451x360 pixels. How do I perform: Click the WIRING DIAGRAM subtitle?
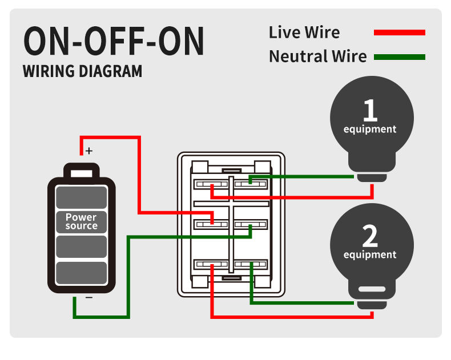82,72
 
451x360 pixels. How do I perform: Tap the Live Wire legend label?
304,33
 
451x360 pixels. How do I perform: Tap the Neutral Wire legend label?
317,56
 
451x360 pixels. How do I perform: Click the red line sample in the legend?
399,33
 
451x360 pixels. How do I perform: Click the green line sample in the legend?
399,56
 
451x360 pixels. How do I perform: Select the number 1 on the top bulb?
370,110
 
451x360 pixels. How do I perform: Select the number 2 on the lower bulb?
370,235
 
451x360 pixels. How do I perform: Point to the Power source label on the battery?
81,221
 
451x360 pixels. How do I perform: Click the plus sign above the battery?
88,151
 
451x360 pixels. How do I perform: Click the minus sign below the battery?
88,297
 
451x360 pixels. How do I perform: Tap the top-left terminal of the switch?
211,184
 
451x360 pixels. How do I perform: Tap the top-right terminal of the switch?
250,184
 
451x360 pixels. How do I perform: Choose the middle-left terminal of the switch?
211,224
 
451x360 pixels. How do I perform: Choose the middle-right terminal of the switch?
250,224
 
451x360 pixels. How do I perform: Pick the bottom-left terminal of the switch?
211,265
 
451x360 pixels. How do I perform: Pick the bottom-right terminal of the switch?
250,265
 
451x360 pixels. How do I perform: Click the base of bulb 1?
372,177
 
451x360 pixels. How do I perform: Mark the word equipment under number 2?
370,254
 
